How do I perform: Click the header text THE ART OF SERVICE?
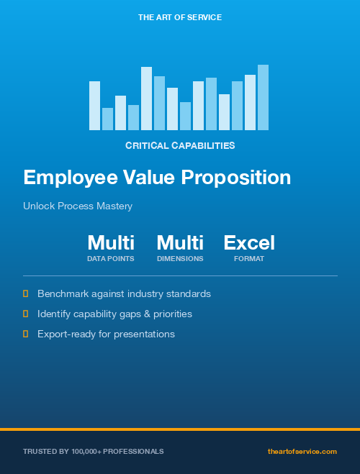point(180,17)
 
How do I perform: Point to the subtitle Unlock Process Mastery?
point(78,206)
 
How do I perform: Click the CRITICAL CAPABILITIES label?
point(180,145)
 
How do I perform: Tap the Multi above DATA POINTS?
point(111,242)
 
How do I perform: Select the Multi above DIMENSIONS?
point(180,242)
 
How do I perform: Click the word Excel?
point(249,242)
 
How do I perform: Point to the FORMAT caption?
point(249,258)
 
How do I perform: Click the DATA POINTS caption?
point(111,258)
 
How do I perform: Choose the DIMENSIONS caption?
point(180,258)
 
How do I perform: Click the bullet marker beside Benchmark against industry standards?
point(26,293)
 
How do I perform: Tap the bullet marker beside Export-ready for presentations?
point(26,334)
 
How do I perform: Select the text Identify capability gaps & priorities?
point(114,314)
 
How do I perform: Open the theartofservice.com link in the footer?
point(302,451)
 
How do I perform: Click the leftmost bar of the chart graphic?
point(94,106)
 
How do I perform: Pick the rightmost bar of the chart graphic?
point(263,98)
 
